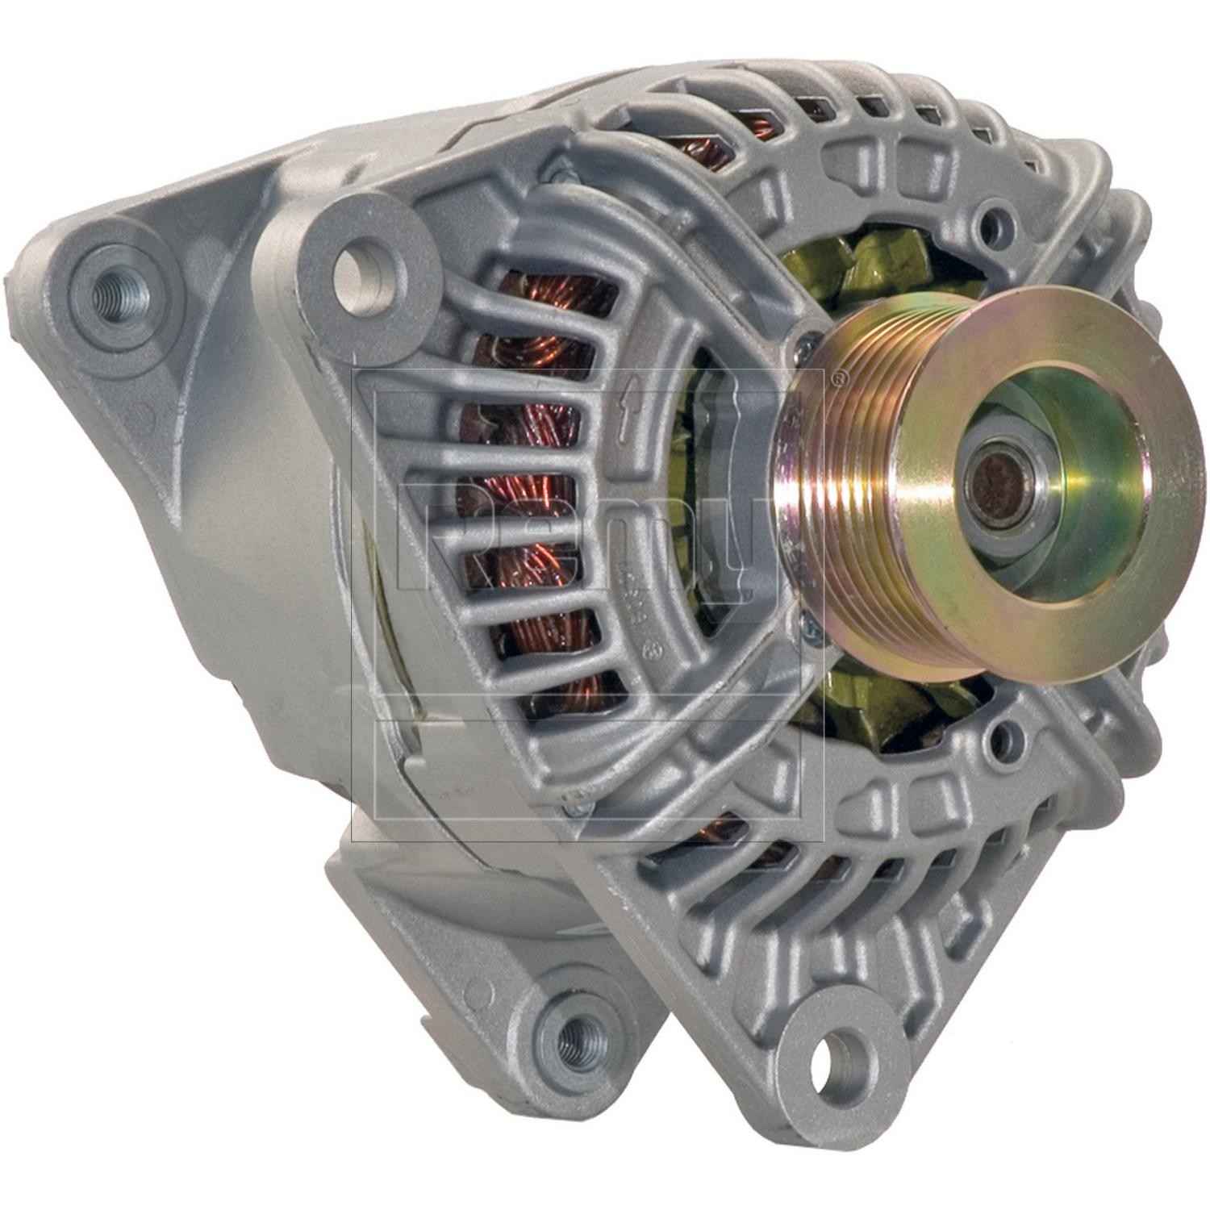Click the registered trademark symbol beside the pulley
click(840, 375)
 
